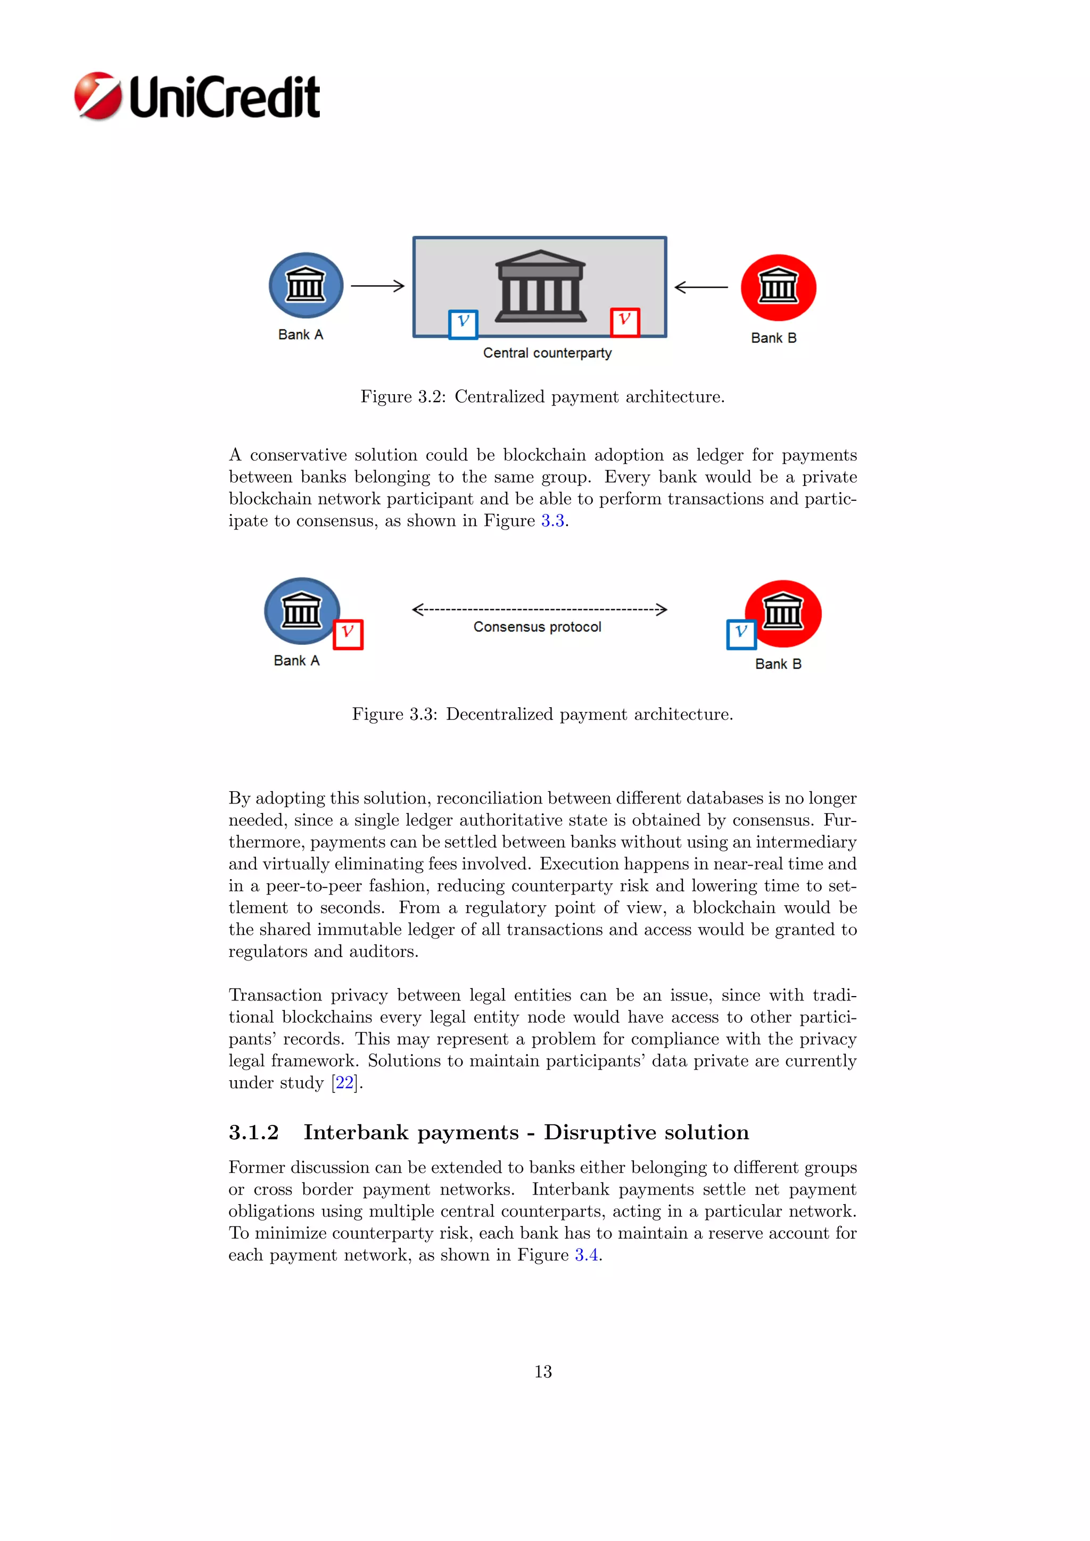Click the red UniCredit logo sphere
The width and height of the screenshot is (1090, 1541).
[98, 96]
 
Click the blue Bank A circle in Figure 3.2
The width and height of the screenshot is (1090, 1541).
[306, 285]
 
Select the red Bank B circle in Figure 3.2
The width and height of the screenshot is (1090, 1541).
[778, 287]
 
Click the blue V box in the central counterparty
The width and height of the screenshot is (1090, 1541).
[463, 324]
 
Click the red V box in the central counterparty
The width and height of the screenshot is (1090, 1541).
[624, 321]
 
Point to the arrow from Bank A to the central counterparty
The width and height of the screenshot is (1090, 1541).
[378, 286]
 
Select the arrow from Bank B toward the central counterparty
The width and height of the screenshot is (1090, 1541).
[701, 287]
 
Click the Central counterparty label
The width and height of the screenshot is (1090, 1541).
[547, 353]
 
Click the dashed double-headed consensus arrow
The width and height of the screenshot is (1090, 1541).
[539, 609]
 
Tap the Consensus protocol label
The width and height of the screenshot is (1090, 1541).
[537, 627]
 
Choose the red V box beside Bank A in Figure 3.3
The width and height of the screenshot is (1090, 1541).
[348, 634]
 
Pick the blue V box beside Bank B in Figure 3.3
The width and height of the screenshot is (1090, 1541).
[741, 634]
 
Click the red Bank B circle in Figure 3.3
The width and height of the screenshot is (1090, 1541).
[784, 613]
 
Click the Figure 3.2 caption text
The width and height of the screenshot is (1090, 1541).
[542, 396]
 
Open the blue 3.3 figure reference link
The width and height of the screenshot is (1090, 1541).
[552, 521]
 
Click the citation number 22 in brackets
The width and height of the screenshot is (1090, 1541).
[344, 1083]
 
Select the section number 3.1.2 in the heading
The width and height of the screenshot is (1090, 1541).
[254, 1132]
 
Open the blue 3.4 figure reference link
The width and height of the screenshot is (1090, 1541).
[587, 1255]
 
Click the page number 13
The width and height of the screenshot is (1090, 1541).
[543, 1372]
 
